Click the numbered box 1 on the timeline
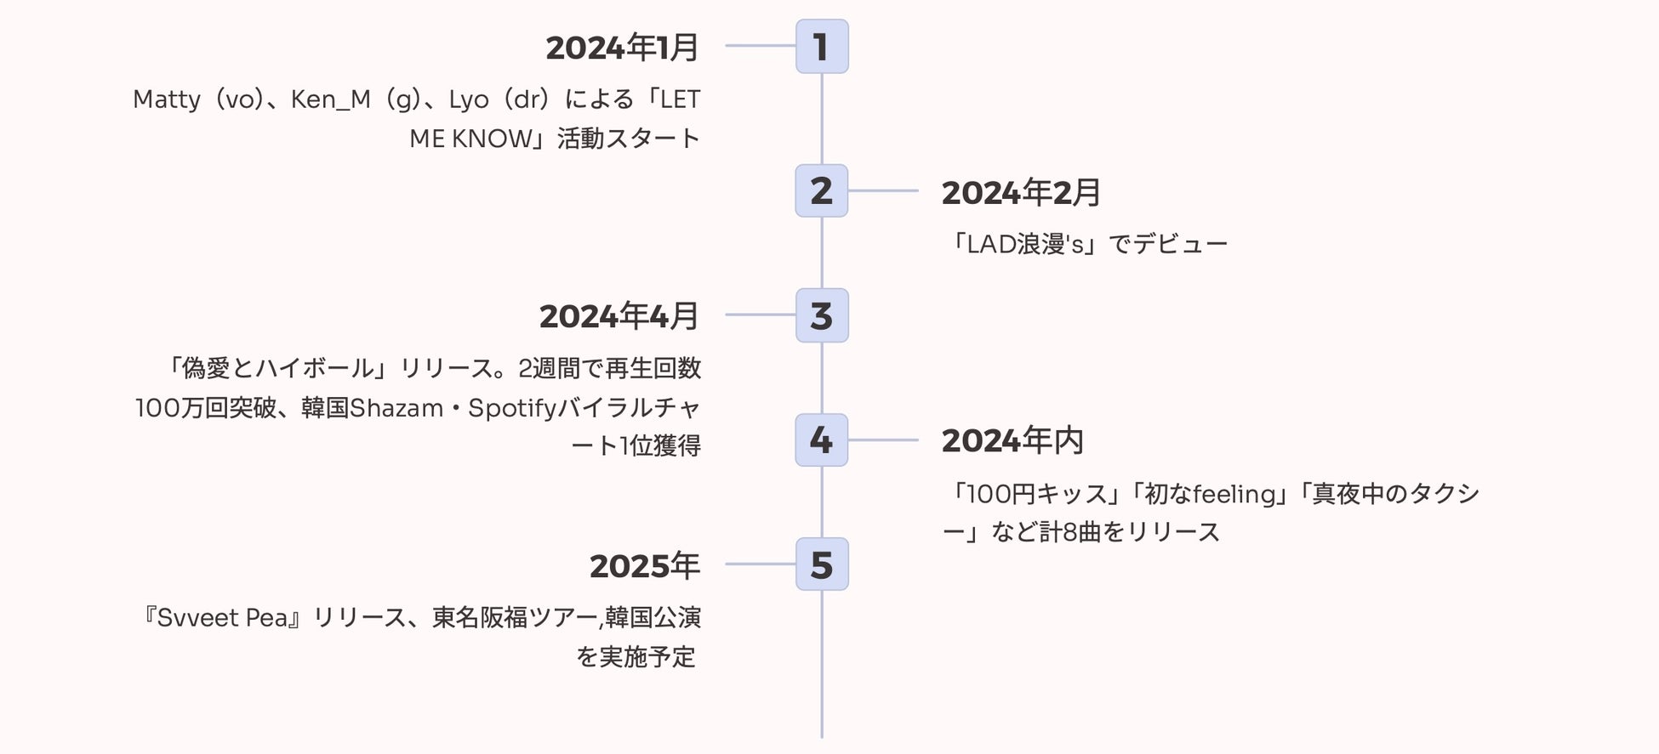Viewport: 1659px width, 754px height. pos(821,47)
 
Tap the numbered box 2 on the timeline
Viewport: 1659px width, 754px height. pos(821,191)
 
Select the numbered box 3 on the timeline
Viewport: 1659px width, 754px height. pos(821,315)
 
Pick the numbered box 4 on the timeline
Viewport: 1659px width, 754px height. pos(821,440)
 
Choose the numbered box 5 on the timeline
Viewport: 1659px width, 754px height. pos(821,564)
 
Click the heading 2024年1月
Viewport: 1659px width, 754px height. pos(622,48)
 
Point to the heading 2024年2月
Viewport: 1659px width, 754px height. pos(1021,193)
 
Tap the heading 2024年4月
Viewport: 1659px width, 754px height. pos(619,316)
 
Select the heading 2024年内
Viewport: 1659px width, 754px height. pos(1012,441)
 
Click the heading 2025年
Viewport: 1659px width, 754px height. pos(644,566)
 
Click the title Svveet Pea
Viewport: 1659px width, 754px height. pos(223,618)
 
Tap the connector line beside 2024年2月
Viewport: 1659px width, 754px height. pos(883,191)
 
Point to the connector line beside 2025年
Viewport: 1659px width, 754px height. pos(760,564)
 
